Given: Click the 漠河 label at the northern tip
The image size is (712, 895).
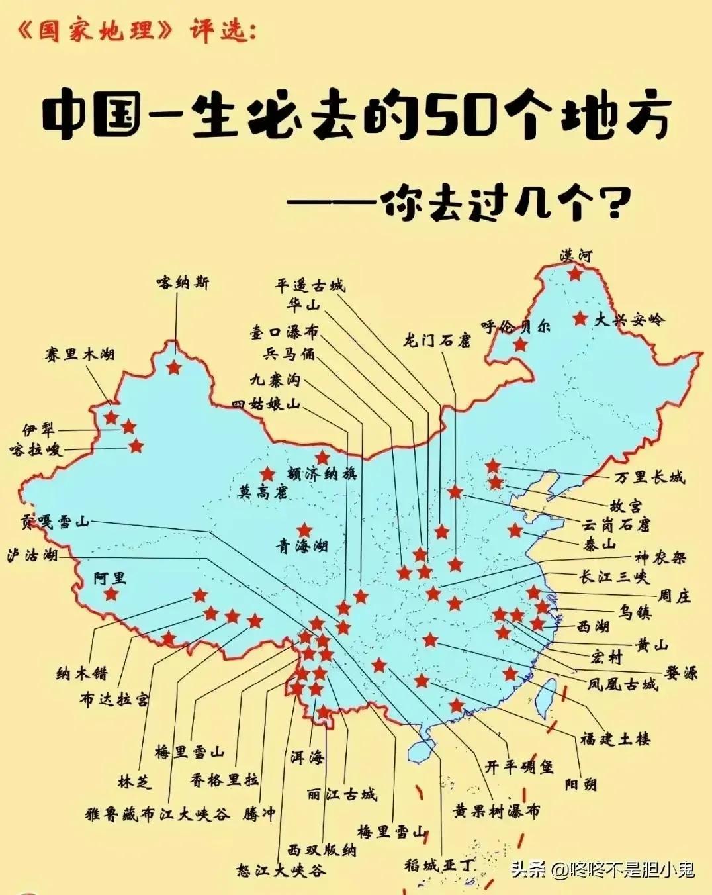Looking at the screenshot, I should coord(576,255).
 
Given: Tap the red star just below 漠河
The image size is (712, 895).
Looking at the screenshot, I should coord(574,273).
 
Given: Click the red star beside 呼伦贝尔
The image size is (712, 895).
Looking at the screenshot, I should coord(521,344).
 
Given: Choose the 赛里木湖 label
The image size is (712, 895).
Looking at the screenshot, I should coord(80,354).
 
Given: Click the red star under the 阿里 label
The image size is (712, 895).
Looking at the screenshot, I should coord(111,594).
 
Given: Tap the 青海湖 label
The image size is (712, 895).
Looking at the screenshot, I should coord(302,546).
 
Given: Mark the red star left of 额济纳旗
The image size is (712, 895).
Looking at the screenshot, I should coord(268,474).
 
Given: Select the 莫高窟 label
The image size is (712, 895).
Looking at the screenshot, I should coord(263,491).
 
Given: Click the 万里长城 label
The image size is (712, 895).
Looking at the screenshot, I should coord(649,477).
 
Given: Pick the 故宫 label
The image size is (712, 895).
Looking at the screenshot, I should coord(625,506).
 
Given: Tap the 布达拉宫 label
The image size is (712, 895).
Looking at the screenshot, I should coord(114,699).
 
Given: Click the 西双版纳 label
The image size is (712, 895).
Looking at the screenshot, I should coord(322,849).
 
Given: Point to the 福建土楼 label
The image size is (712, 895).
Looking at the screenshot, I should coord(615,738).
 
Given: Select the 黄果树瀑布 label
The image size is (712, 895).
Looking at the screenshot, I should coord(496,810).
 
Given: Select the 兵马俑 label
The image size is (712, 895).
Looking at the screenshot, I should coord(289,354).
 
